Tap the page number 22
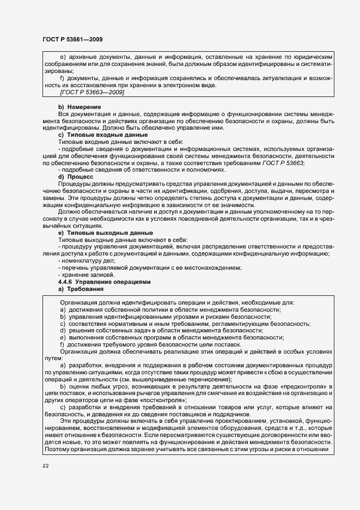click(45, 465)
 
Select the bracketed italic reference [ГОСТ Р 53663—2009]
click(91, 92)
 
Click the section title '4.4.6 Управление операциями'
click(99, 282)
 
